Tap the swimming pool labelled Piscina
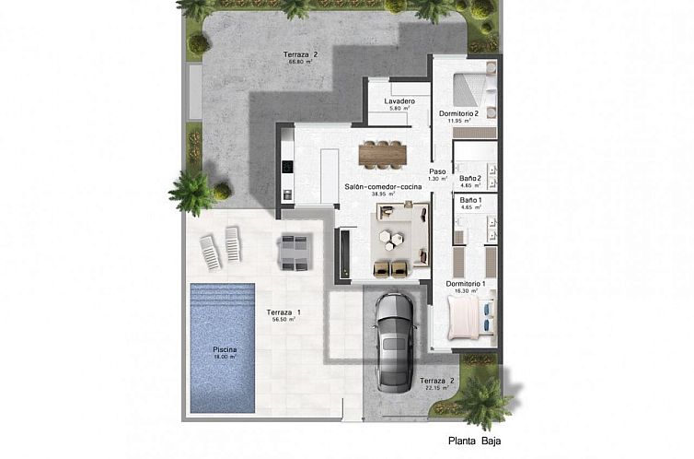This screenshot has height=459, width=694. tap(225, 348)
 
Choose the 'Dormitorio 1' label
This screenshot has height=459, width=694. tap(465, 284)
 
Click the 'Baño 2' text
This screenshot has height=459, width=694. tap(469, 178)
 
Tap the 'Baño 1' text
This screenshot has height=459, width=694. tap(469, 200)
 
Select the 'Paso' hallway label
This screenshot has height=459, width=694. tap(437, 171)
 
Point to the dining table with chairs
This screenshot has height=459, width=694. tap(382, 154)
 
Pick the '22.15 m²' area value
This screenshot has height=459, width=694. tap(436, 389)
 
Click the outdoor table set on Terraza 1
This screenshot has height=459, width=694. tap(295, 252)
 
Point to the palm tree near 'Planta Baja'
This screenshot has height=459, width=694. tap(482, 398)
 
